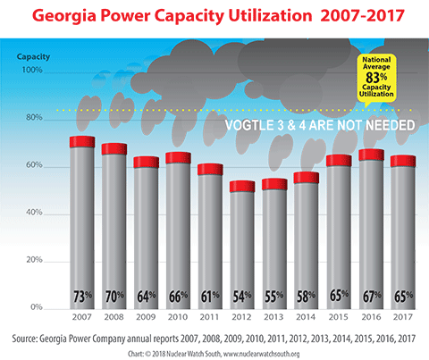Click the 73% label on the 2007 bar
click(82, 295)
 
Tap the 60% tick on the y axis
click(31, 167)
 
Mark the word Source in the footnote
click(32, 339)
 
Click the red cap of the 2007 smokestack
click(82, 141)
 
